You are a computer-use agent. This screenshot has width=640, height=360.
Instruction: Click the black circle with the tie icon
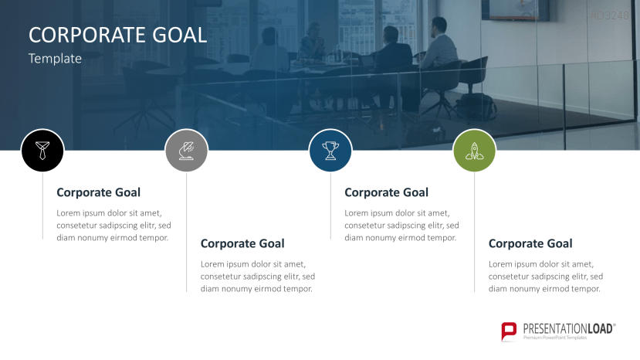tap(42, 150)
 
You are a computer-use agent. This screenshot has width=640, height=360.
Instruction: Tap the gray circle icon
tap(186, 150)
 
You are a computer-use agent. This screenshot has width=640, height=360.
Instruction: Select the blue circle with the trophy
tap(330, 150)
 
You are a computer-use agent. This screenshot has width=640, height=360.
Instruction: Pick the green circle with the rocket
tap(474, 150)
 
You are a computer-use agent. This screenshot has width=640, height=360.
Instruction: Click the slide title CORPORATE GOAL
tap(117, 35)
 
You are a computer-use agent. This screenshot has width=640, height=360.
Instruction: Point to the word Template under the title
tap(55, 58)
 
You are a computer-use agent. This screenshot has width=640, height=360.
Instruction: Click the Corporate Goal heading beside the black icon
tap(98, 192)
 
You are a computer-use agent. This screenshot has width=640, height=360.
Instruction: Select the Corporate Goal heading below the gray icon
tap(242, 243)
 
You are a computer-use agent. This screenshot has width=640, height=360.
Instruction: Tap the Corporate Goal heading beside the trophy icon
tap(386, 192)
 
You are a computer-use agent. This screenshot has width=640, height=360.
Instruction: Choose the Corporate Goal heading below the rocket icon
tap(530, 243)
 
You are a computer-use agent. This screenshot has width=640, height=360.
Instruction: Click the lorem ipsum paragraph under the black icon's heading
tap(113, 226)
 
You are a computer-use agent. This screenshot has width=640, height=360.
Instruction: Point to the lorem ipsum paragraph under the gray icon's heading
tap(258, 277)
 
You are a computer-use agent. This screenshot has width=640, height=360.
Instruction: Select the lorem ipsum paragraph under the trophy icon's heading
tap(401, 226)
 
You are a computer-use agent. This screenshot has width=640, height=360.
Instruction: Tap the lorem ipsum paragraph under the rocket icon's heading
tap(546, 277)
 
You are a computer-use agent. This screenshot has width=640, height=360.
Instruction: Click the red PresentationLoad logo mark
tap(509, 331)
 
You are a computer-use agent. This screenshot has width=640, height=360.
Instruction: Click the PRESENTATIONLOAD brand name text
tap(568, 328)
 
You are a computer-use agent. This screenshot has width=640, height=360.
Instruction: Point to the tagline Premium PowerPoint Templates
tap(555, 338)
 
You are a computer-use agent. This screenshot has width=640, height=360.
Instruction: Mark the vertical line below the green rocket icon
tap(474, 232)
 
